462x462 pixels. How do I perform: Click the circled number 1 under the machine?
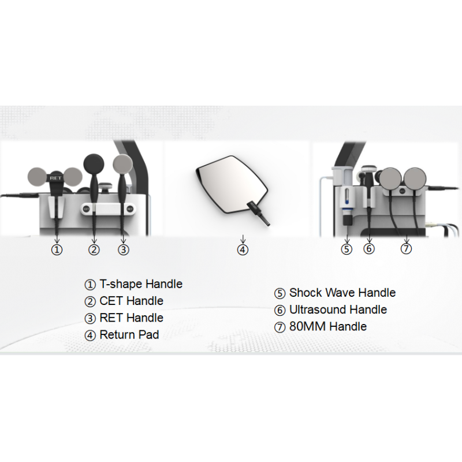(x=57, y=250)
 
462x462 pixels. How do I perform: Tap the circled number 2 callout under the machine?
(x=94, y=250)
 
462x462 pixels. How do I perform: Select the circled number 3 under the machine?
(x=124, y=250)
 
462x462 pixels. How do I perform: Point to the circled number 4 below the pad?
(x=243, y=250)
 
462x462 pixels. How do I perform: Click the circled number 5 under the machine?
(x=346, y=249)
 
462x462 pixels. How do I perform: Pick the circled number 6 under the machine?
(x=369, y=249)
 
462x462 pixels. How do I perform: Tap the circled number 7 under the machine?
(x=406, y=249)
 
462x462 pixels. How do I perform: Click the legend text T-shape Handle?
(x=141, y=284)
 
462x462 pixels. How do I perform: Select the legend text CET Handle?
(x=132, y=301)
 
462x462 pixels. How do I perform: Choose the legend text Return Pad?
(x=129, y=335)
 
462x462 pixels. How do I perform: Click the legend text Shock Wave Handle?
(x=342, y=293)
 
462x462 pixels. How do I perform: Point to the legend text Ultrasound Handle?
(x=338, y=310)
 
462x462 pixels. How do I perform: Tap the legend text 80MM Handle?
(x=328, y=326)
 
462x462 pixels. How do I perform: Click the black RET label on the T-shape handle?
(x=55, y=178)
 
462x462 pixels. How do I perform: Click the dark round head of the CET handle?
(x=94, y=163)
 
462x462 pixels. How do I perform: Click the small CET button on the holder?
(x=86, y=208)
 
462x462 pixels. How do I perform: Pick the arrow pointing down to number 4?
(x=243, y=239)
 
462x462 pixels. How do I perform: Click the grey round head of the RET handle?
(x=123, y=165)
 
